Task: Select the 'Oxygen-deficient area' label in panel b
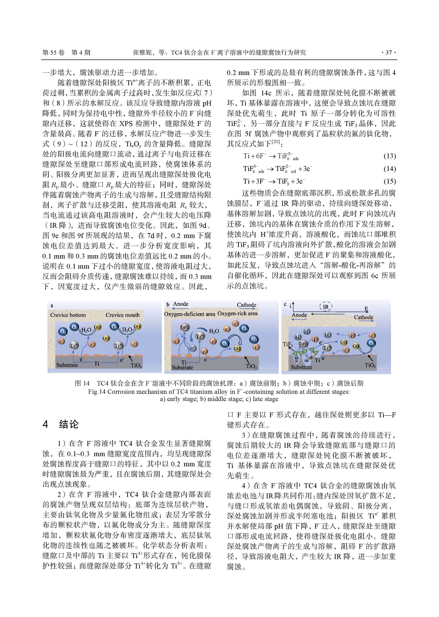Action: (x=190, y=314)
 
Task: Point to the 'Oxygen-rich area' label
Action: (x=237, y=313)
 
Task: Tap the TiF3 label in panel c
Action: (x=288, y=344)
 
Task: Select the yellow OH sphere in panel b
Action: (x=237, y=348)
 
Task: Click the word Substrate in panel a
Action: (x=67, y=365)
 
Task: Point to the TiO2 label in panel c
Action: (x=370, y=365)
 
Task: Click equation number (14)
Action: (x=390, y=169)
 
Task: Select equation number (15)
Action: (x=390, y=181)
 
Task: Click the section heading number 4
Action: (x=45, y=424)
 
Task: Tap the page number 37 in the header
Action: (x=388, y=53)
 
